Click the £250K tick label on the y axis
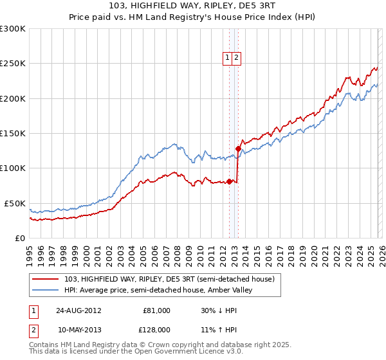pyautogui.click(x=13, y=64)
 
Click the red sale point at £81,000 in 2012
pyautogui.click(x=229, y=181)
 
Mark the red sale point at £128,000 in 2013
pyautogui.click(x=237, y=148)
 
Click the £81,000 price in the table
pyautogui.click(x=156, y=310)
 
